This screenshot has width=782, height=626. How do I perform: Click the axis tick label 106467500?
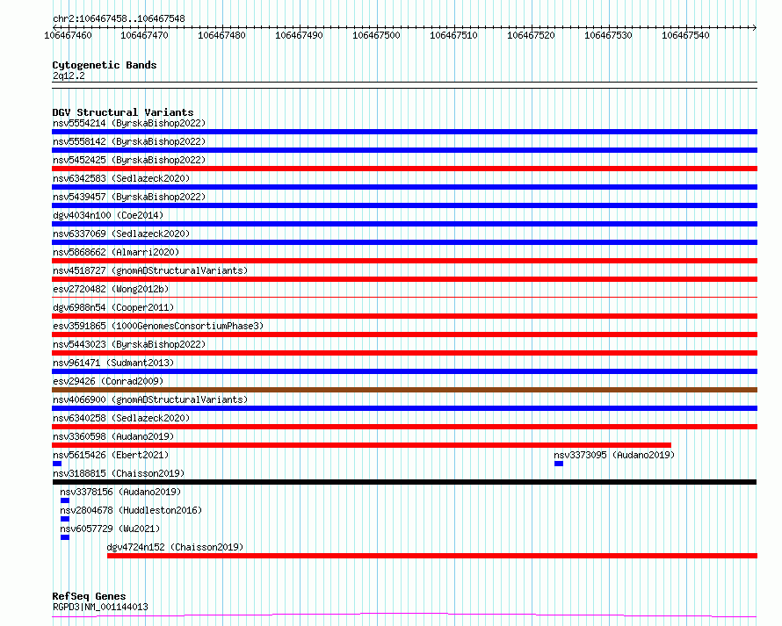[x=376, y=35]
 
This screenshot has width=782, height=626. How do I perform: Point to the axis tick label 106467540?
[x=685, y=35]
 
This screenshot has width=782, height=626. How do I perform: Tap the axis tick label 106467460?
[x=68, y=35]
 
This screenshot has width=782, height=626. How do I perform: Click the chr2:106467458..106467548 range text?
[x=119, y=18]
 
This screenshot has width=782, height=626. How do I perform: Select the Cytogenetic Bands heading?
[x=105, y=65]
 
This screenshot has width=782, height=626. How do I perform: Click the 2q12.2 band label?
[x=69, y=76]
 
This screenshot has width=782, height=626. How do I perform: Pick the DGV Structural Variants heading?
[x=123, y=112]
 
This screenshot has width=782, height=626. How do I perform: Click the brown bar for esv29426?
[x=404, y=390]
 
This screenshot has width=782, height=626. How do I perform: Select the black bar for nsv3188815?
[x=404, y=482]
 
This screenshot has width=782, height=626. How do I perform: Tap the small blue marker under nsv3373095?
[x=559, y=464]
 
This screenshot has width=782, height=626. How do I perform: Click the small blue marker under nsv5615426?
[x=57, y=464]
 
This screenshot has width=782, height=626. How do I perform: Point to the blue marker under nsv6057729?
[x=65, y=537]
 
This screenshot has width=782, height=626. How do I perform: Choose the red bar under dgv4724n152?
[x=432, y=556]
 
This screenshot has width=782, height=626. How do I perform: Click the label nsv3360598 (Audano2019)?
[x=113, y=436]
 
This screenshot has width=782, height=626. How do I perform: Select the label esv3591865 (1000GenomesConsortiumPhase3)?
[x=158, y=326]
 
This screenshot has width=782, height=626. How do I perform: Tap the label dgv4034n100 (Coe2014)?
[x=108, y=215]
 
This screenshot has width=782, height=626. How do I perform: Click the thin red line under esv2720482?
[x=404, y=298]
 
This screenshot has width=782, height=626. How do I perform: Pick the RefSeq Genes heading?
[x=89, y=596]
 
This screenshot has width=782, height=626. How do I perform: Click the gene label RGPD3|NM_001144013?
[x=100, y=607]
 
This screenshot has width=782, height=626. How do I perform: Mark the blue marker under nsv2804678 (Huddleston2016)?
[x=65, y=519]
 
